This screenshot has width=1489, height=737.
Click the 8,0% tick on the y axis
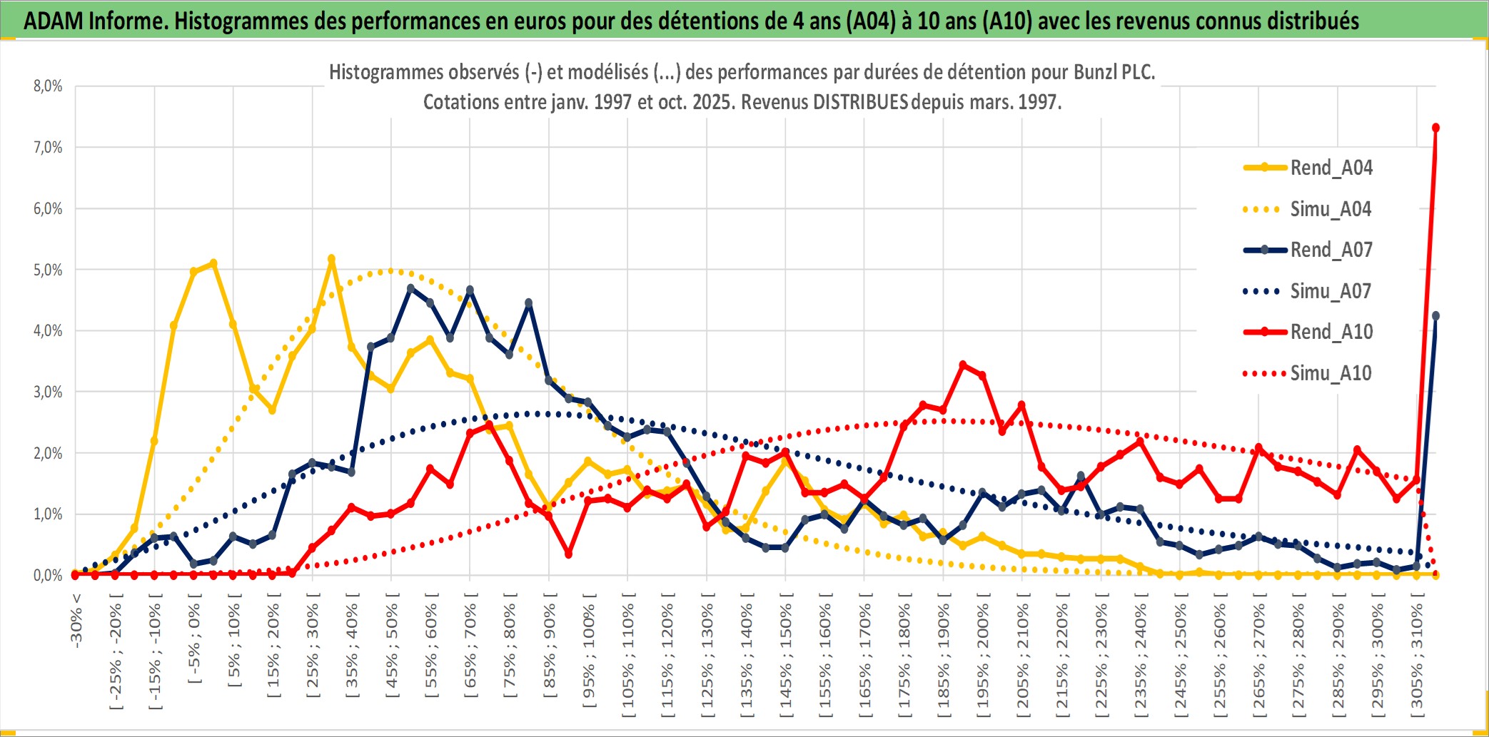48,86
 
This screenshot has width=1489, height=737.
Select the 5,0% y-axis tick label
48,270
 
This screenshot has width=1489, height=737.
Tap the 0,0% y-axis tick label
48,575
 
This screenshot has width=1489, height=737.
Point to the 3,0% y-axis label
48,392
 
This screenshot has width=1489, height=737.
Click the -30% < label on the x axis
76,621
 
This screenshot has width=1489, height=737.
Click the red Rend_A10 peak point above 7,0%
1435,128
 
